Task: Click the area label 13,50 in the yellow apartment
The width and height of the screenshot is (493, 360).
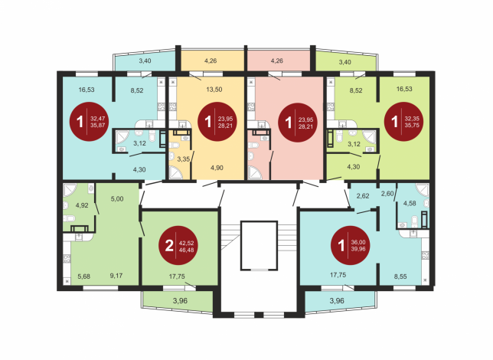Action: pyautogui.click(x=214, y=90)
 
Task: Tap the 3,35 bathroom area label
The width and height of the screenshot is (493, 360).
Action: pyautogui.click(x=183, y=159)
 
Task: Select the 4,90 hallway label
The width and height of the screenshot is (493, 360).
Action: pyautogui.click(x=217, y=168)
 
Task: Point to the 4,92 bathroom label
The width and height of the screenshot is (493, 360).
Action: pyautogui.click(x=82, y=205)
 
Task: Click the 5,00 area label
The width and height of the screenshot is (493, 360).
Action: pyautogui.click(x=117, y=199)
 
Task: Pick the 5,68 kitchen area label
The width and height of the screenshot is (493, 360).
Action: pyautogui.click(x=84, y=277)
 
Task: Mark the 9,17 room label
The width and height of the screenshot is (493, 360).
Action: pyautogui.click(x=116, y=276)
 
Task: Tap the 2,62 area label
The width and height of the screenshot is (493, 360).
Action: pyautogui.click(x=363, y=196)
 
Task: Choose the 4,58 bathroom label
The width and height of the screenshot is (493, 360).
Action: pyautogui.click(x=410, y=203)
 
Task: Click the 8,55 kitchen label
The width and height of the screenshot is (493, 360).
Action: pyautogui.click(x=400, y=277)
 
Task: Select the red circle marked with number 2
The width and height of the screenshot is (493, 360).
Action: pyautogui.click(x=178, y=246)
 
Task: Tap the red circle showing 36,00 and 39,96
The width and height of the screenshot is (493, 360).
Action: pyautogui.click(x=351, y=245)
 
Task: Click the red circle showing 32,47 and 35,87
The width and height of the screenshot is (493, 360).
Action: pyautogui.click(x=90, y=122)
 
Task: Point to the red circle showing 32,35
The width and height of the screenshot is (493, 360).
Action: pyautogui.click(x=404, y=122)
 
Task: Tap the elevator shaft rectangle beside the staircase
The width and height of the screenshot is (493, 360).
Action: pyautogui.click(x=259, y=245)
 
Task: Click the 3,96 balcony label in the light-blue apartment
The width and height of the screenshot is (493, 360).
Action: pyautogui.click(x=337, y=300)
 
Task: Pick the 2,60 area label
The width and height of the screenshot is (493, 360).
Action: pyautogui.click(x=387, y=194)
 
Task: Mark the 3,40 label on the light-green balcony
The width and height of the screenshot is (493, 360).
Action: pyautogui.click(x=345, y=62)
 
